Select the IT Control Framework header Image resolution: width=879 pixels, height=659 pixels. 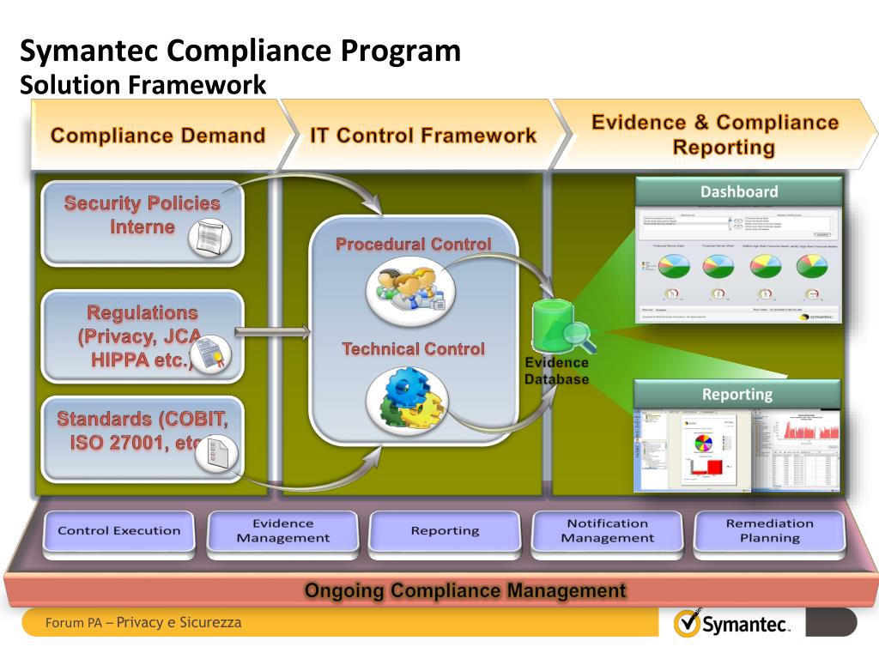pyautogui.click(x=423, y=136)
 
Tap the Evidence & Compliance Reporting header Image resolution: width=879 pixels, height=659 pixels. pyautogui.click(x=714, y=135)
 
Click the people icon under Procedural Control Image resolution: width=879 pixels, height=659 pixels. pyautogui.click(x=410, y=288)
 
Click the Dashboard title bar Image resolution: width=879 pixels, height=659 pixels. pyautogui.click(x=738, y=192)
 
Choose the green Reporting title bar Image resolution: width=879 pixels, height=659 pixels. pyautogui.click(x=737, y=395)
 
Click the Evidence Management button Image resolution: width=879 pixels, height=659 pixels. pyautogui.click(x=282, y=530)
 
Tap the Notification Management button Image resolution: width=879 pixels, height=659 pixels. pyautogui.click(x=607, y=530)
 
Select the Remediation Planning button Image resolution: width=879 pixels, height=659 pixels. pyautogui.click(x=769, y=530)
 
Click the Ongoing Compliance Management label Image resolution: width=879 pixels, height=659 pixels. pyautogui.click(x=465, y=590)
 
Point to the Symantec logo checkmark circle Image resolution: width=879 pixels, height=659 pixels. pyautogui.click(x=687, y=623)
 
